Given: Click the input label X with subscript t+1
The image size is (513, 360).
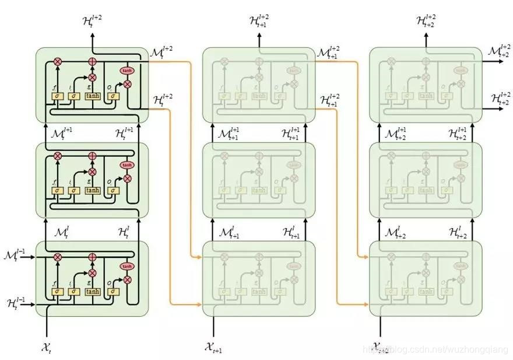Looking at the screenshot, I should click(213, 348).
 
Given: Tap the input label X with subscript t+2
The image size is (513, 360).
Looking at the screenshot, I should click(381, 348).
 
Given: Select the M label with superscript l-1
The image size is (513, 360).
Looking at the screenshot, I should click(13, 256).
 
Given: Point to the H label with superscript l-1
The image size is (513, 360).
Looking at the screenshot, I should click(13, 303).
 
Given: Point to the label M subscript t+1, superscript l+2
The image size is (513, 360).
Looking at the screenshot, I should click(328, 53).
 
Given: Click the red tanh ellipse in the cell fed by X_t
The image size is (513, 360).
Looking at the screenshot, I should click(127, 267).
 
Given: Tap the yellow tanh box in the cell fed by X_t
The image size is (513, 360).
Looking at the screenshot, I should click(93, 291).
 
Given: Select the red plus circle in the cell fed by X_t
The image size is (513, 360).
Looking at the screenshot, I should click(92, 257).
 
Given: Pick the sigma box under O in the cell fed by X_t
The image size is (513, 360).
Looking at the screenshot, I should click(114, 291).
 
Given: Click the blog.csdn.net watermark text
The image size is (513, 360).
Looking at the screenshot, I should click(434, 349).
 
